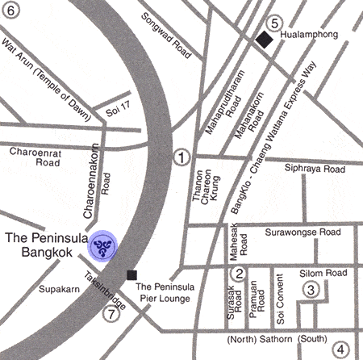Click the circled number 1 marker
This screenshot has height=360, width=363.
pos(183,158)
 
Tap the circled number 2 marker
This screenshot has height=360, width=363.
pos(238,274)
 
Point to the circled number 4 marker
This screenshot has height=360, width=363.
pos(342,350)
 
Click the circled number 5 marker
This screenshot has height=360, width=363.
pos(275,23)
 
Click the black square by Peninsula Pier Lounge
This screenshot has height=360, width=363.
pos(144,275)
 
